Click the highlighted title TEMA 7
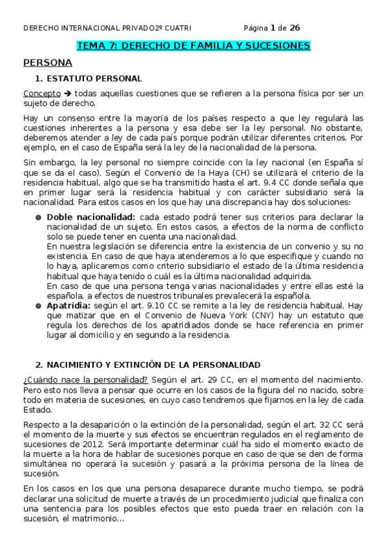(x=193, y=46)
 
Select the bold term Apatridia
(x=73, y=303)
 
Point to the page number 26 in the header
(x=294, y=28)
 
